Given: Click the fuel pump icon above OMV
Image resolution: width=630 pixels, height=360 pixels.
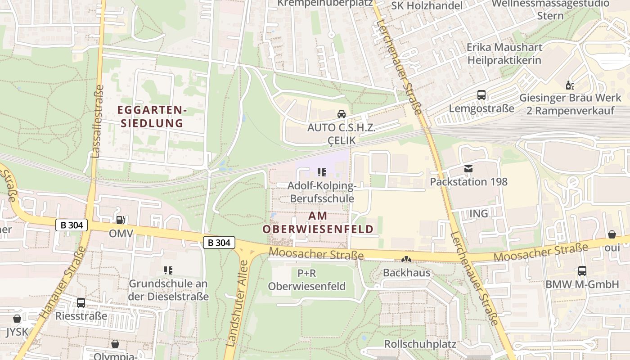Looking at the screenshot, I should [121, 220].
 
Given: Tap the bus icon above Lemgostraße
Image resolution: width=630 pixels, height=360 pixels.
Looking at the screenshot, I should [481, 95].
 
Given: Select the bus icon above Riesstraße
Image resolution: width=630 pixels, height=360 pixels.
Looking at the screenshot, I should [81, 302].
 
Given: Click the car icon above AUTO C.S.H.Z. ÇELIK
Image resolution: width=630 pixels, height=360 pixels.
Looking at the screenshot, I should [342, 114].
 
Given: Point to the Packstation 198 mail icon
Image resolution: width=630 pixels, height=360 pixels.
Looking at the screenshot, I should [468, 169].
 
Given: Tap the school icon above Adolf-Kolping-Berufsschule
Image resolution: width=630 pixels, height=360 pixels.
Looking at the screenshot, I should [321, 172].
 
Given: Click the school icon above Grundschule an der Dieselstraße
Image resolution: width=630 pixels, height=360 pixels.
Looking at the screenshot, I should [168, 270].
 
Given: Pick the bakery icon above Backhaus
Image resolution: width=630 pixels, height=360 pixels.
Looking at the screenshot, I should [406, 260].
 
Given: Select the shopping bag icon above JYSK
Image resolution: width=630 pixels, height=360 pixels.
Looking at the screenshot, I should [17, 319].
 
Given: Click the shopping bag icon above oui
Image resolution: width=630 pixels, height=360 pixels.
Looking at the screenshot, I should [612, 234].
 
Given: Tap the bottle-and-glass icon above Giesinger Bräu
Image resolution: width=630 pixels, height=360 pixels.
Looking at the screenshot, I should [570, 85].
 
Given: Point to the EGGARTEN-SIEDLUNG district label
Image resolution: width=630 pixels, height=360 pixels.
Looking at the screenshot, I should [152, 116].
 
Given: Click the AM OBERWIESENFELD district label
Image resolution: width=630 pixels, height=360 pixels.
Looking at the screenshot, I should [318, 222].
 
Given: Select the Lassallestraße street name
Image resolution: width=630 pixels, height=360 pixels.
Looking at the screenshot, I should [97, 121].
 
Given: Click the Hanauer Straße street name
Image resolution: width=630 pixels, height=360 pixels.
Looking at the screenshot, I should [62, 283].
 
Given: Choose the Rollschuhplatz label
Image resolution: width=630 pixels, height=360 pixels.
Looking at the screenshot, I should [420, 344].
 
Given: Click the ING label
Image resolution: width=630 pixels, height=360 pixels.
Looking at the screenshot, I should [478, 214].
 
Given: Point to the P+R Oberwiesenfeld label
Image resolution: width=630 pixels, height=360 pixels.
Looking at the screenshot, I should [306, 279].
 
